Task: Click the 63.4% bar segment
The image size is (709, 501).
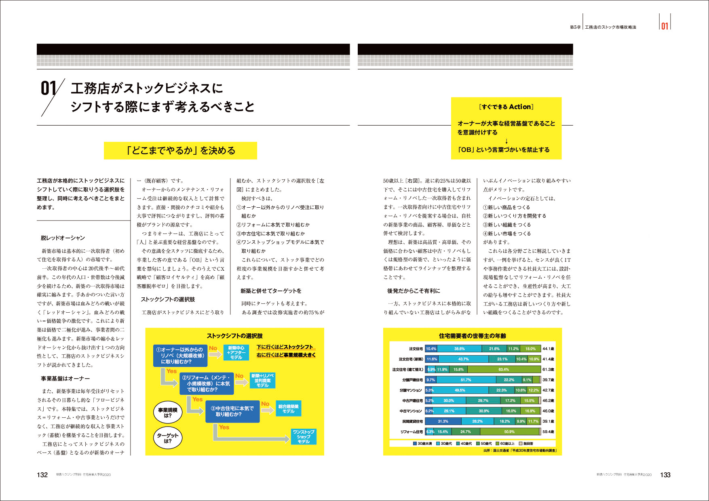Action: point(504,369)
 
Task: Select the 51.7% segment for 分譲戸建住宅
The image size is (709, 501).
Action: point(466,380)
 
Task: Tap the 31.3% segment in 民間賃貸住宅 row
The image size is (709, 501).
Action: point(443,421)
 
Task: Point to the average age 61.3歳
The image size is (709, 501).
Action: point(548,369)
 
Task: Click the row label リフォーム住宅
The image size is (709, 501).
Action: point(411,432)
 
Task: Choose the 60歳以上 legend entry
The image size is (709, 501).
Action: point(505,444)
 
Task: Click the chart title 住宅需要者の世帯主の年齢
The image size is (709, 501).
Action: point(472,336)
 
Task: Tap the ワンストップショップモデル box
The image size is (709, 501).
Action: point(304,437)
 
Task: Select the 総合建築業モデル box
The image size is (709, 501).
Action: point(288,408)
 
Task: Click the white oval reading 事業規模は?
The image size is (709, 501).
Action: point(168,413)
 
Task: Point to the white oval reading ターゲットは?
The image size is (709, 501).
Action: point(168,438)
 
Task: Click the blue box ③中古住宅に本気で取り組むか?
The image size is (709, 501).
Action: point(232,411)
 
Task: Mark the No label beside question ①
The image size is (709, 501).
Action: point(213,348)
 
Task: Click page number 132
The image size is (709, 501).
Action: point(42,475)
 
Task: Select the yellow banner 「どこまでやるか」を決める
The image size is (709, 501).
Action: point(180,150)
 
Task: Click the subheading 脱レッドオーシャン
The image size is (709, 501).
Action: point(63,238)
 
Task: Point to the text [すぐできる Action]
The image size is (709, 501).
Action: point(506,107)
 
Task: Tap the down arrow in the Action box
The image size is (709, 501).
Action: point(506,141)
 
